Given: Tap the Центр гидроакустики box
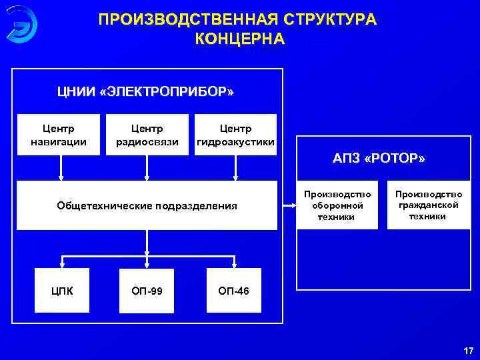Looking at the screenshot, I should (x=234, y=135).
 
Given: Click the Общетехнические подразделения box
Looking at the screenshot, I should (x=147, y=205).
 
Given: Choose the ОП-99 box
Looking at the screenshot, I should (x=146, y=291).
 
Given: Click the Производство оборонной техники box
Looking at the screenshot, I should (x=337, y=205).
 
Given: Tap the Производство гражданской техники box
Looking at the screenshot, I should (x=427, y=205).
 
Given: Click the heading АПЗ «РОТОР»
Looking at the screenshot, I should (x=379, y=159).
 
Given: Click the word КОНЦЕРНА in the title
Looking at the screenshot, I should (x=239, y=39).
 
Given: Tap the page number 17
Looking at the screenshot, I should (x=467, y=351).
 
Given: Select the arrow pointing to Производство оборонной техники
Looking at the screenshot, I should (x=287, y=205).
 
